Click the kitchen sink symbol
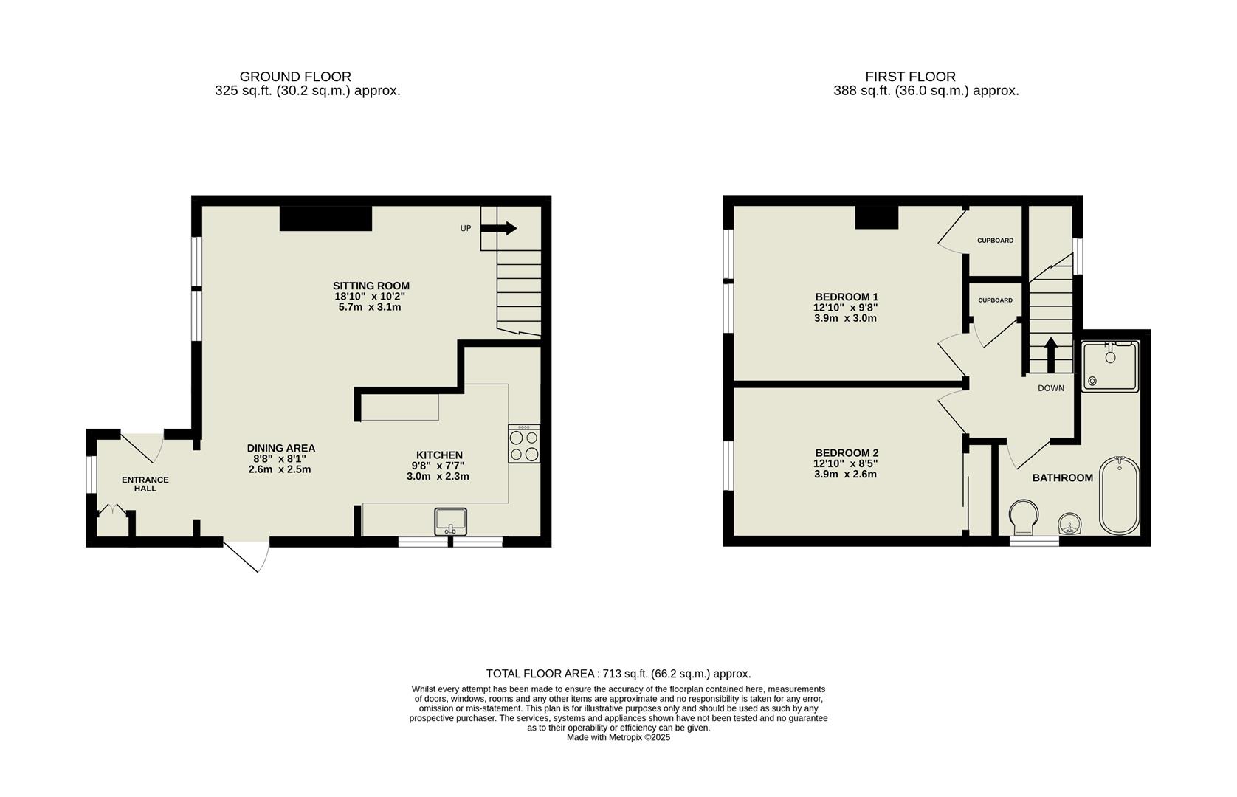450,521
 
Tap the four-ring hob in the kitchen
524,444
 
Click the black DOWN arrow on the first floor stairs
1050,353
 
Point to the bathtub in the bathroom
1119,495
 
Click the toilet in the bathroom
1024,517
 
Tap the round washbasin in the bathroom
1069,524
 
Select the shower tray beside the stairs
1110,366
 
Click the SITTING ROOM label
371,286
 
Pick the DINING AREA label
280,448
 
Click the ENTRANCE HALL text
145,483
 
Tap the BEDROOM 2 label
847,452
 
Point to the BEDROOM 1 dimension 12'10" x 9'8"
846,308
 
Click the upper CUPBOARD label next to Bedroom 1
995,241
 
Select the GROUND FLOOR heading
295,77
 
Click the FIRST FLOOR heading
910,77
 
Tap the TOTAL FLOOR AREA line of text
618,674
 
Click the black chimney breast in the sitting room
325,219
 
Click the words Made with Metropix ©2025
618,737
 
